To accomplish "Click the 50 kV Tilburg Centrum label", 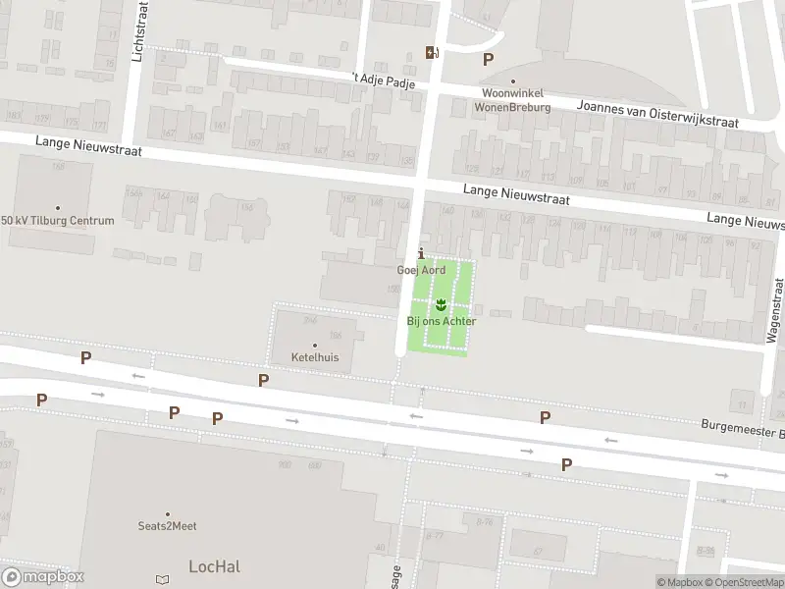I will tap(58, 220).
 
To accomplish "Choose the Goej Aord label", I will tap(421, 270).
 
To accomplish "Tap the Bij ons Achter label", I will tap(441, 321).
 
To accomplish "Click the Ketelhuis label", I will tap(315, 357).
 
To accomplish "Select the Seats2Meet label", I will tap(167, 526).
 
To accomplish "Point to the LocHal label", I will tap(214, 565).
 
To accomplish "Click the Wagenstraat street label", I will tap(774, 309).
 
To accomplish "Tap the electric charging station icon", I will tap(431, 52).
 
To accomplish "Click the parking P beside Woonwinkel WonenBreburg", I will tap(488, 59).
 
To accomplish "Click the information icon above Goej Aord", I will tap(422, 253).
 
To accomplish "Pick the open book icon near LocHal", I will tap(163, 581).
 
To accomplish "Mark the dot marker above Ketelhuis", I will tap(315, 345).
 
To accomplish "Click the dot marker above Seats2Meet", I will tap(167, 513).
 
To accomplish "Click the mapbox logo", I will tap(42, 577).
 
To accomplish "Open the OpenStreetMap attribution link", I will tap(744, 582).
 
